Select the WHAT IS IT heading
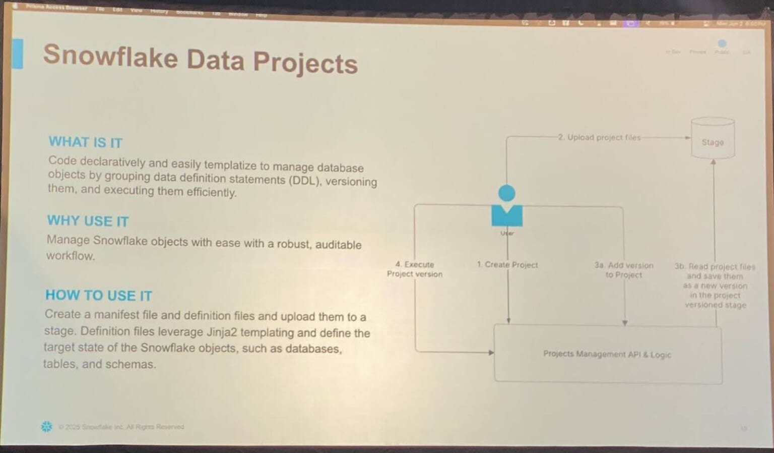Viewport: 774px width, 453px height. click(x=85, y=142)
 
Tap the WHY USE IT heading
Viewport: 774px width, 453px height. click(x=88, y=221)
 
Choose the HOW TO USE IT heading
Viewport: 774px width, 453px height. click(x=99, y=295)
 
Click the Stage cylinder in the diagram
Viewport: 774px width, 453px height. click(x=713, y=139)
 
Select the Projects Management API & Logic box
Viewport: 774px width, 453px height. click(x=607, y=354)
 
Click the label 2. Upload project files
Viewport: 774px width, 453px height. click(x=599, y=137)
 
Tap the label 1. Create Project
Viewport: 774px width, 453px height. click(x=507, y=265)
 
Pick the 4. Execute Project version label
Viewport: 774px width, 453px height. click(x=415, y=269)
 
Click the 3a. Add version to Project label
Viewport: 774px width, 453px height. click(x=624, y=270)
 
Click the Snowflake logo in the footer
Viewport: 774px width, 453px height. click(x=46, y=427)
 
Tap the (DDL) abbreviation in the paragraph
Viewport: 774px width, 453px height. click(x=305, y=181)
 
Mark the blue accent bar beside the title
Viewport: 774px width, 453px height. click(x=18, y=53)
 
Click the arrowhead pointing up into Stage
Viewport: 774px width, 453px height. click(x=714, y=162)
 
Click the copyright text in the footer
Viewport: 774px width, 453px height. click(x=121, y=427)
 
